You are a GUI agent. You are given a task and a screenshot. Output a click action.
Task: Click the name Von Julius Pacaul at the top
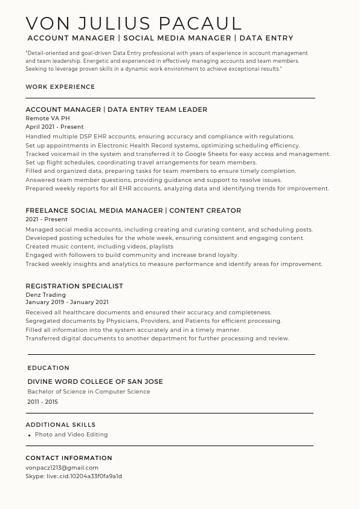(133, 24)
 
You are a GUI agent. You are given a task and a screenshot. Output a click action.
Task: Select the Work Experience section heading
(60, 87)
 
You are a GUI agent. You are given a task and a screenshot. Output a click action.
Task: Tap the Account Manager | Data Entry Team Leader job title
(116, 109)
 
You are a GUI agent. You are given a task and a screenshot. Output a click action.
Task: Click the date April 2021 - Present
(54, 127)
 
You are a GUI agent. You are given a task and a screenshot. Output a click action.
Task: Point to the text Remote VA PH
(48, 118)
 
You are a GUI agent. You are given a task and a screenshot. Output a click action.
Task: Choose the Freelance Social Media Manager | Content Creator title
(133, 210)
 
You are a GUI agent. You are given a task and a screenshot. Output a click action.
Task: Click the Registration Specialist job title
(74, 286)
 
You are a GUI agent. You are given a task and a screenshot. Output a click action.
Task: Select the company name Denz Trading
(45, 294)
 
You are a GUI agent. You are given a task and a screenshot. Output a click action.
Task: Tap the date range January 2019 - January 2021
(66, 302)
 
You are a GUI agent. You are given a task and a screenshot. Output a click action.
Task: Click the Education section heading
(48, 368)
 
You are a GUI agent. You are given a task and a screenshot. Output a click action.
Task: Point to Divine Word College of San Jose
(95, 381)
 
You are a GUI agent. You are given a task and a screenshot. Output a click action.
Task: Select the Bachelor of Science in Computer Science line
(88, 392)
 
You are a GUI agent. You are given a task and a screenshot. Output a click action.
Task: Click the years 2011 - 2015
(42, 402)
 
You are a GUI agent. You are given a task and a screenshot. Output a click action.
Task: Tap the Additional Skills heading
(60, 424)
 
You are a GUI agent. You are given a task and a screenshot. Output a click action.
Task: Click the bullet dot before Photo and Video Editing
(29, 435)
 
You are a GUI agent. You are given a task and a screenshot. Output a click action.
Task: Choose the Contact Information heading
(69, 458)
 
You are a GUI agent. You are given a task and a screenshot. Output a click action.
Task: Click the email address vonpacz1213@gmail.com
(62, 467)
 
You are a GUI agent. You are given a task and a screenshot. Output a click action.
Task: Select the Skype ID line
(74, 476)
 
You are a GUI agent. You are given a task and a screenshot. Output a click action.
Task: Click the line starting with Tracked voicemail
(178, 154)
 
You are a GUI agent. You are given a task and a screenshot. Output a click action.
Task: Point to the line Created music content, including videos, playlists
(99, 247)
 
